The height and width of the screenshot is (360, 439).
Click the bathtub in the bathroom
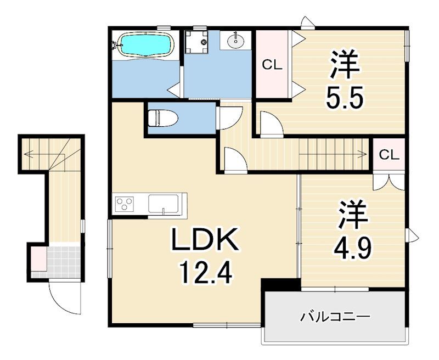coord(146,45)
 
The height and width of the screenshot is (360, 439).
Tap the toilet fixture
coord(163,118)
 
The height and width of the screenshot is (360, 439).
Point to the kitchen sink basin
coord(163,204)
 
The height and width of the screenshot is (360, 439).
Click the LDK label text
coord(205,239)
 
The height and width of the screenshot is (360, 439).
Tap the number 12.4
coord(206,273)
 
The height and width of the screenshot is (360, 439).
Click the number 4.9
coord(352,248)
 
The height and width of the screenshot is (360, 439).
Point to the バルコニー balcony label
coord(335,317)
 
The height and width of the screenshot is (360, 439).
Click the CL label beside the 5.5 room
coord(272,65)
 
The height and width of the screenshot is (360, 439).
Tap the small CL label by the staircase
coord(389,155)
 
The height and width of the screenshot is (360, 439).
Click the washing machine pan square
coord(196,42)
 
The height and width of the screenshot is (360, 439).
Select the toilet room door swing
coord(229,117)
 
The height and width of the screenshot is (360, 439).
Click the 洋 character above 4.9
coord(352,214)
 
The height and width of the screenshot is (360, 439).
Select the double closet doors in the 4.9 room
coord(389,182)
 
